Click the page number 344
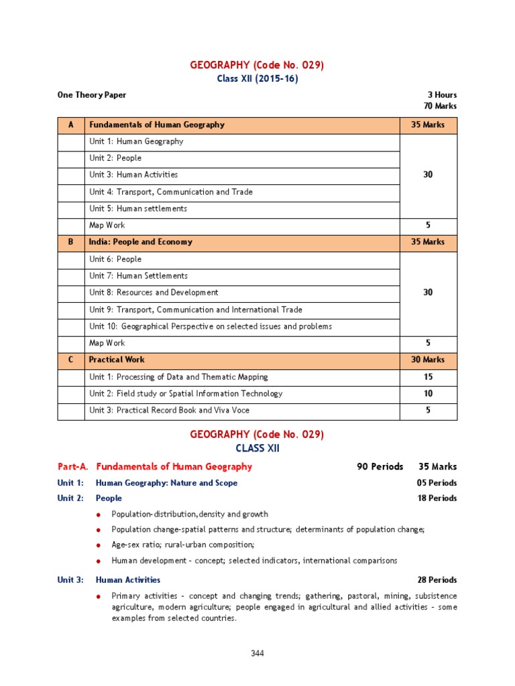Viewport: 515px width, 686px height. click(257, 653)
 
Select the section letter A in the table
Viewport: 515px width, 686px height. click(71, 125)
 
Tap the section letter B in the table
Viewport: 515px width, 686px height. click(71, 242)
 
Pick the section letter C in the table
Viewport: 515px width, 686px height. click(71, 360)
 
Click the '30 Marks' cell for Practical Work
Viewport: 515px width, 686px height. click(428, 360)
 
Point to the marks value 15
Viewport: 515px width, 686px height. click(428, 376)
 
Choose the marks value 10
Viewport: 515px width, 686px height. click(428, 393)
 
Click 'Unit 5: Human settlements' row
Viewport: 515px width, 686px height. click(138, 208)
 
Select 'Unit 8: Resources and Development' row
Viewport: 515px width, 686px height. click(154, 292)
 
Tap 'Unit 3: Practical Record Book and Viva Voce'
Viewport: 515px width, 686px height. click(170, 410)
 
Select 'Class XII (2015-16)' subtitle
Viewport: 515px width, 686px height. click(257, 78)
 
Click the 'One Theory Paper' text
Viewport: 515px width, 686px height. click(92, 95)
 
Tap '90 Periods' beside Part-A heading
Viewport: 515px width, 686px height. click(380, 466)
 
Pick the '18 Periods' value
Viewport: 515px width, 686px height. click(437, 498)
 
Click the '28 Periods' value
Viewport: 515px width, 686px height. click(437, 579)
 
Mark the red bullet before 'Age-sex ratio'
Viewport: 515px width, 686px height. click(99, 545)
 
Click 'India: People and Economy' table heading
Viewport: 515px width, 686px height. click(141, 242)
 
